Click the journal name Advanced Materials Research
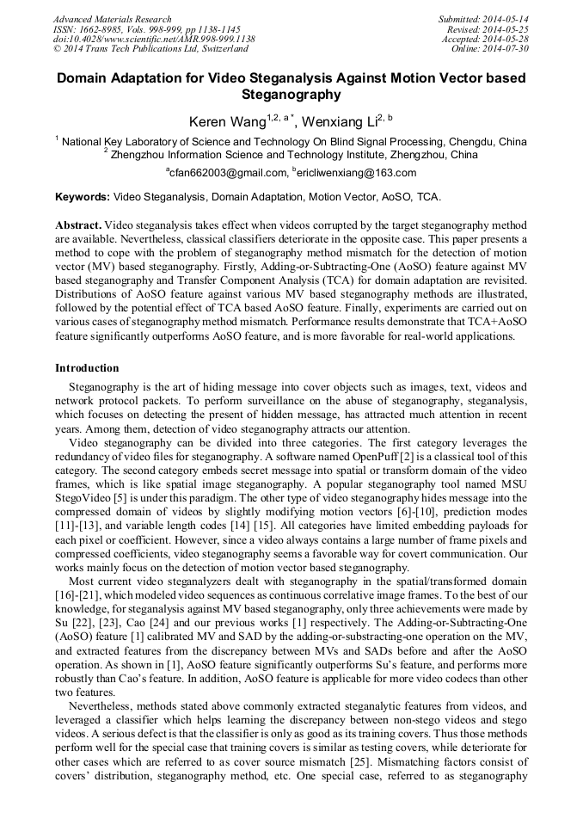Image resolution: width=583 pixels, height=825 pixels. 112,19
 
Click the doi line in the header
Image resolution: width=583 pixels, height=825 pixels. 153,39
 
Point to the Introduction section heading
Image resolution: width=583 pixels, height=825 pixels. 87,368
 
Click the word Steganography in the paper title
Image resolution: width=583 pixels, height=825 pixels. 291,95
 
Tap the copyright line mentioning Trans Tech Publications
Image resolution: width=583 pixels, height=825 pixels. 150,49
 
